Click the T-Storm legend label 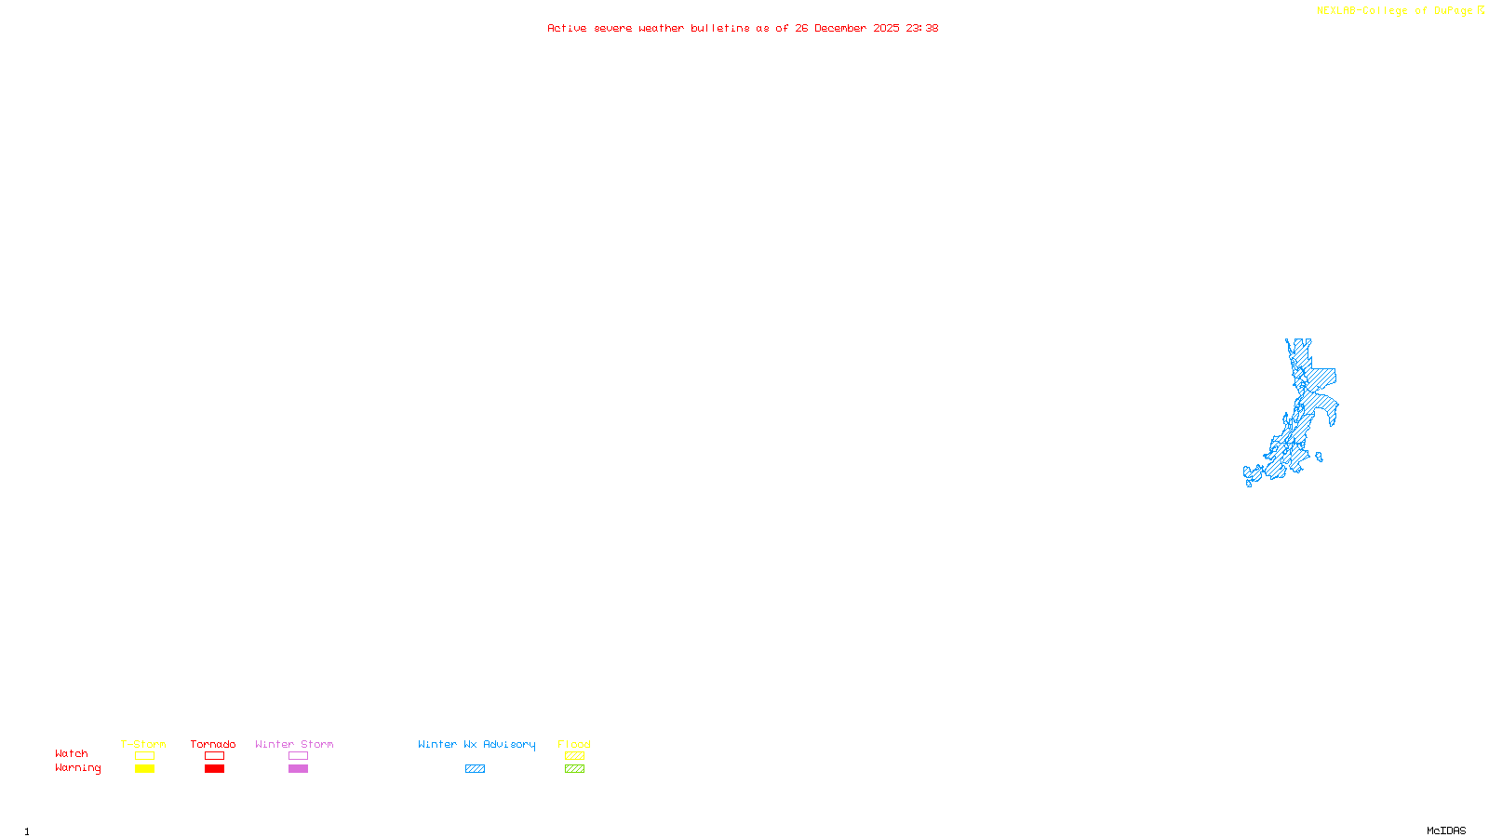143,744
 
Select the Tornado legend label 213,744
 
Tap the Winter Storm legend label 294,744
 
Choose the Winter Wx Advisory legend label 476,744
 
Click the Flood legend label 574,744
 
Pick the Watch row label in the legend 72,753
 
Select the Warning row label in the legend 78,768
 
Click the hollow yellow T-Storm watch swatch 144,756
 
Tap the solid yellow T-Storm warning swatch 144,769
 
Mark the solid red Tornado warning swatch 214,769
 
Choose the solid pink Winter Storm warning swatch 298,769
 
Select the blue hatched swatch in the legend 475,769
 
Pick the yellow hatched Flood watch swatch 574,756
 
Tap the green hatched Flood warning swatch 574,769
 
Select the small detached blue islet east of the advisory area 1319,457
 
